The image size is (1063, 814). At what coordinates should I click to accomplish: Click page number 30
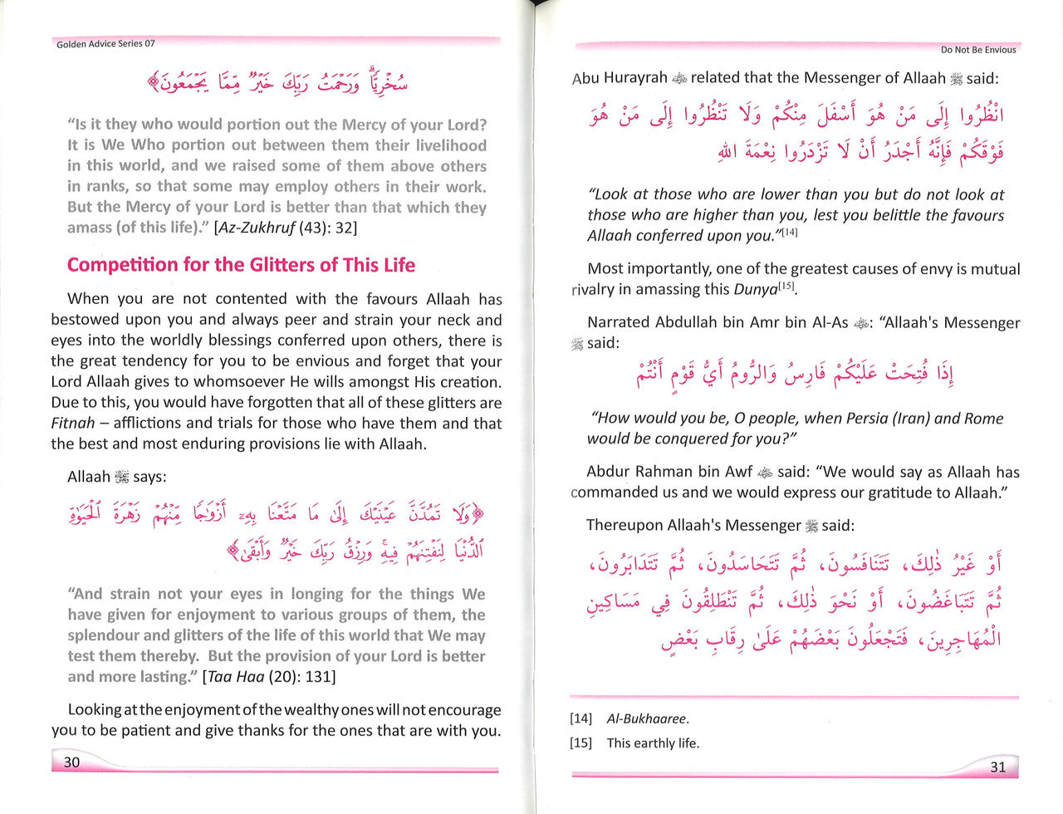coord(72,762)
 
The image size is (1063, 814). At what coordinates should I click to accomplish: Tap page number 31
coord(998,767)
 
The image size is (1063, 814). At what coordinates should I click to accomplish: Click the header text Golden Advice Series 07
coord(105,43)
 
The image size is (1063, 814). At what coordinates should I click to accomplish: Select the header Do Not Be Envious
coord(978,50)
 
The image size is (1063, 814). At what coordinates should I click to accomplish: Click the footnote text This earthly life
coord(653,743)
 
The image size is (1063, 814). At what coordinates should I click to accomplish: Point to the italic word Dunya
coord(755,289)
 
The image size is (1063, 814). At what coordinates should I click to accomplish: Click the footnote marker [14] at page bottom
coord(580,719)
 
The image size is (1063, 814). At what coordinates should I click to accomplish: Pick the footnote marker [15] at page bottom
coord(580,743)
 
